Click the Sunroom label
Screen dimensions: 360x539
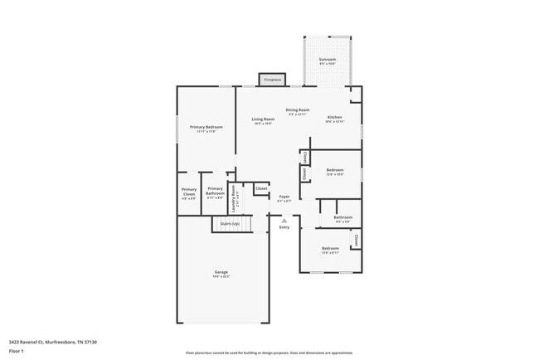327,61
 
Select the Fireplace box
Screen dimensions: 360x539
272,80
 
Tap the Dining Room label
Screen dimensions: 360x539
298,110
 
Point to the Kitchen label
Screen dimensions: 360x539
334,118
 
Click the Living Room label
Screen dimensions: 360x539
263,119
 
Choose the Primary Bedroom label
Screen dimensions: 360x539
206,127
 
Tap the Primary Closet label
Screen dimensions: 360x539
189,192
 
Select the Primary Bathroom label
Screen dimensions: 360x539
215,190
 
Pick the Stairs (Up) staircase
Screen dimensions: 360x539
230,223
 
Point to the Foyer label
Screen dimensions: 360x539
284,197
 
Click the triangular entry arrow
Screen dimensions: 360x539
284,220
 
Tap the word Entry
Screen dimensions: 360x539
284,227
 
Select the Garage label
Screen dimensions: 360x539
221,272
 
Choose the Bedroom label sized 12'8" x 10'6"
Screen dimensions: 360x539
334,169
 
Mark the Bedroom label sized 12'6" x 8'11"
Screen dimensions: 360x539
330,249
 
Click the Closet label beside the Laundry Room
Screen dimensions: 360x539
261,189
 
